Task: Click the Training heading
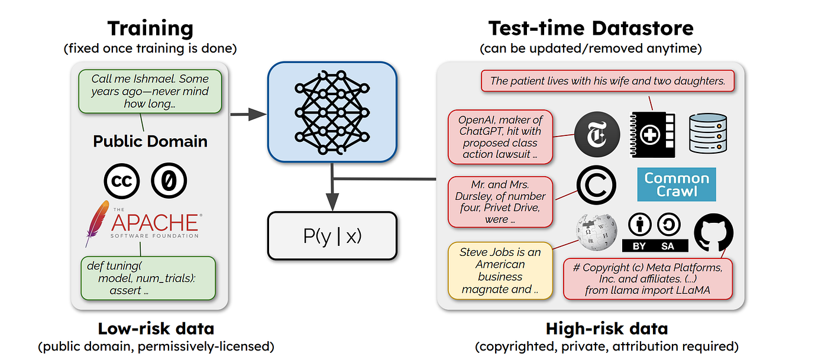tap(150, 28)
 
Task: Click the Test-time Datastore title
tap(591, 28)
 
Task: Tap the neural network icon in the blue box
tap(332, 113)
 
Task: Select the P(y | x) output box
tap(332, 236)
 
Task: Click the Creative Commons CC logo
tap(121, 182)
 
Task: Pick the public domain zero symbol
tap(169, 182)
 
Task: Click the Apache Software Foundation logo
tap(144, 224)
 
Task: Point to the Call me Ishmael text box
tap(150, 91)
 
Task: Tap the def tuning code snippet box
tap(148, 278)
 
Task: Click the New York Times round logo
tap(597, 135)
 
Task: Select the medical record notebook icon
tap(651, 135)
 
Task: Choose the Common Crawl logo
tap(677, 184)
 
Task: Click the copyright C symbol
tap(596, 186)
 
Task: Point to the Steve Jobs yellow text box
tap(500, 270)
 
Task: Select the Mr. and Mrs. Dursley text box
tap(500, 201)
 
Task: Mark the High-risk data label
tap(607, 329)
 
